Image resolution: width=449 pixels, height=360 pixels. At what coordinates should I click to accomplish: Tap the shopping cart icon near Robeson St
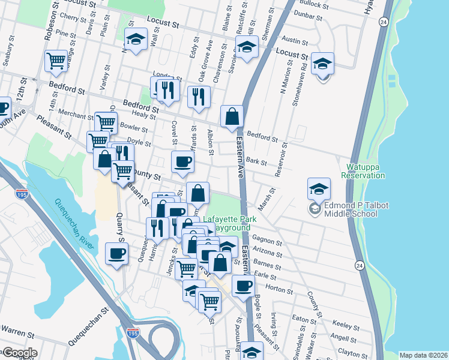tap(56, 61)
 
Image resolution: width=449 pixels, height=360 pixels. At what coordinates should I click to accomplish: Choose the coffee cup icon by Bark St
tap(182, 161)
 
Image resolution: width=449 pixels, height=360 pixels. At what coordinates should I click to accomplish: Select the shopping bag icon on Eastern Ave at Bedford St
tap(231, 116)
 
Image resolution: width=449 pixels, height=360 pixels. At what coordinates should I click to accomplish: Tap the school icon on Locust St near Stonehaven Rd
tap(322, 64)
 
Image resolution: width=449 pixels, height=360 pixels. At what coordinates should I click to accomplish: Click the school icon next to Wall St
tap(136, 40)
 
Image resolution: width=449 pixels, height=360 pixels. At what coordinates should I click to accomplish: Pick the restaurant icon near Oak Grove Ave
tap(199, 97)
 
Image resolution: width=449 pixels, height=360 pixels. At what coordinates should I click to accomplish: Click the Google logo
tap(19, 353)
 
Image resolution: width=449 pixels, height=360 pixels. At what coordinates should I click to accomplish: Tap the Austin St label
tap(295, 40)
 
